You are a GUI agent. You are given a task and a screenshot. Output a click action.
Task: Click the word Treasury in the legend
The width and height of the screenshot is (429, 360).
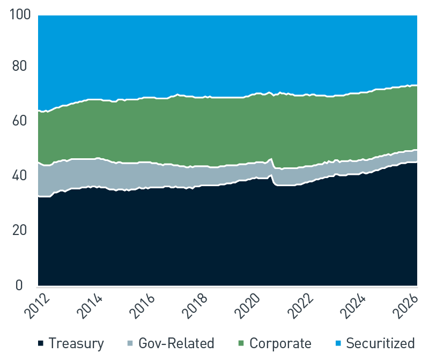coord(76,343)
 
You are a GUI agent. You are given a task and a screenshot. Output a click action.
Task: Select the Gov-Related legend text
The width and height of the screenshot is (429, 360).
coord(176,343)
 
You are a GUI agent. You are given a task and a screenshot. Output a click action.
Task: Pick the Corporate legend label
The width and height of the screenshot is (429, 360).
coord(280,343)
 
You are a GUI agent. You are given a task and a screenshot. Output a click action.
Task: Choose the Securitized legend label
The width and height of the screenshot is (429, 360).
coord(380,343)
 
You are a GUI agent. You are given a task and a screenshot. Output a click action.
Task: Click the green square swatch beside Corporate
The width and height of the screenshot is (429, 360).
coord(241,343)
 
